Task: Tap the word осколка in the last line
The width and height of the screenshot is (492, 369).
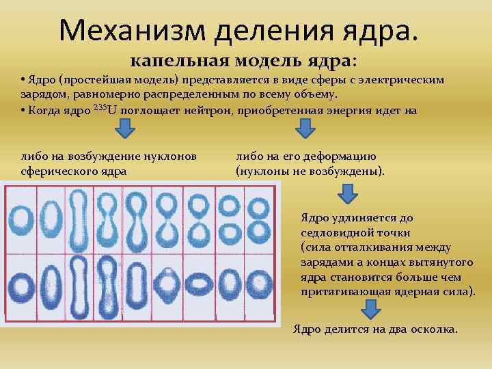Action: (435, 329)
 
